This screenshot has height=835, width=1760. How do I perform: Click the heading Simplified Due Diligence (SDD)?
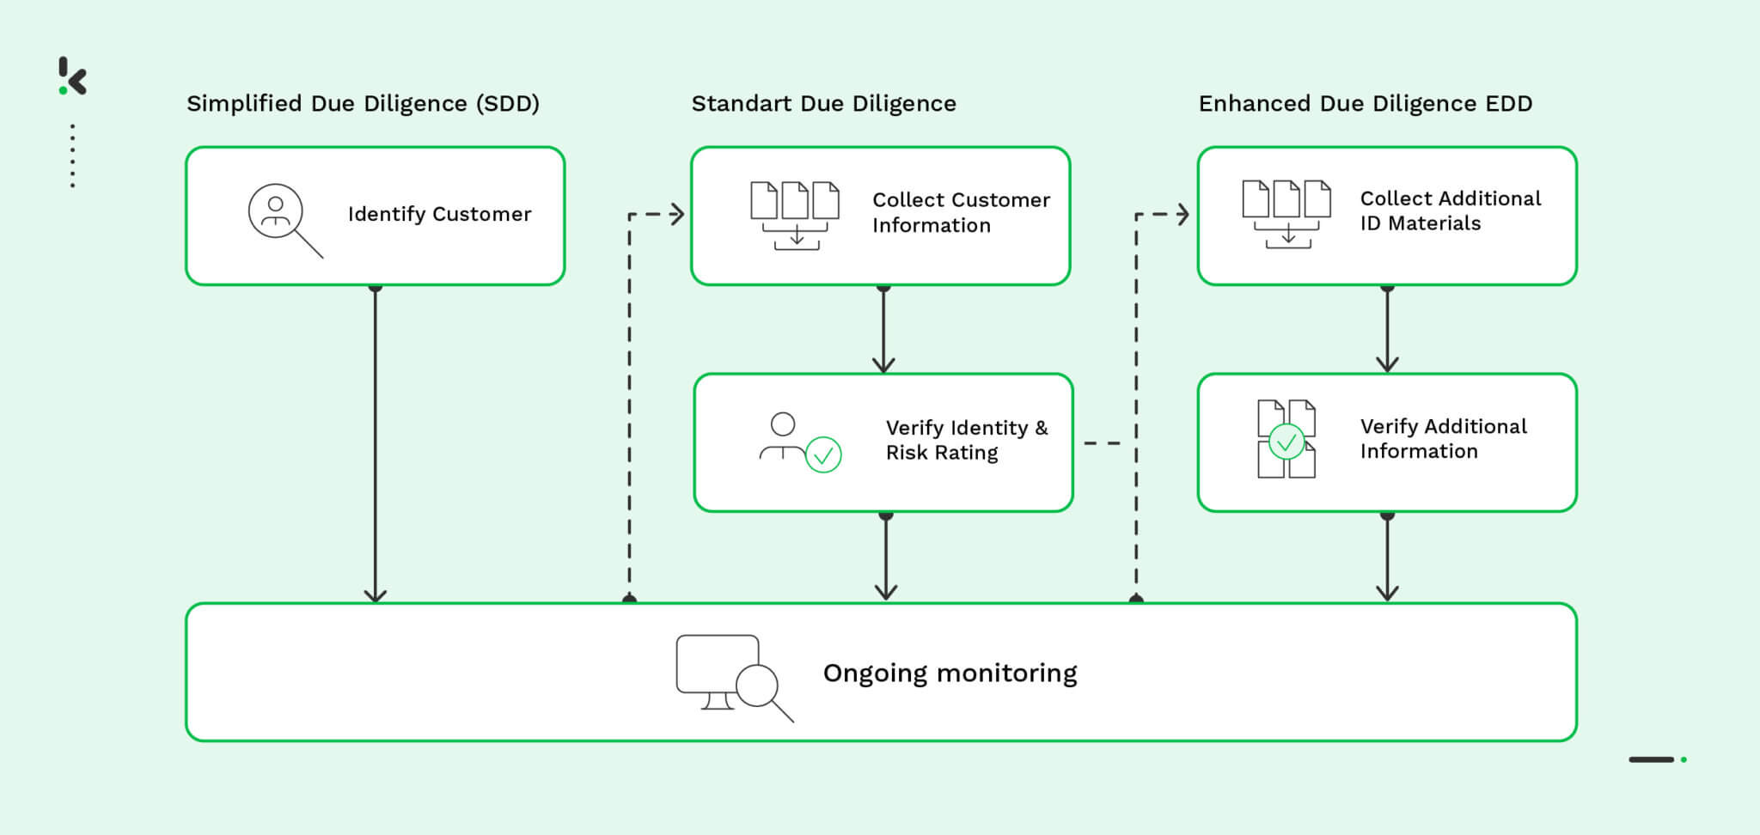point(363,104)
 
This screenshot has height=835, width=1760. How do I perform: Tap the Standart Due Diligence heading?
point(823,104)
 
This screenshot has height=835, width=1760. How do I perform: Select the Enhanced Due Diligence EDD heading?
point(1365,104)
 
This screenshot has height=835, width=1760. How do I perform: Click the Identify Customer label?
point(439,214)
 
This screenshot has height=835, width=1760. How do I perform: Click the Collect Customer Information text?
point(960,212)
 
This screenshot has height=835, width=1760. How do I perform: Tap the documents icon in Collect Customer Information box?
point(795,215)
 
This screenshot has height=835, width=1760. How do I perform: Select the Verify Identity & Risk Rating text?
point(966,440)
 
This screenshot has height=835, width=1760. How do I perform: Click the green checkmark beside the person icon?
point(822,455)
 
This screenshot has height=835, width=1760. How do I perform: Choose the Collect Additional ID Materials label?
point(1450,210)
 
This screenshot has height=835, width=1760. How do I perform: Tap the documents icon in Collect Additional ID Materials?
point(1286,214)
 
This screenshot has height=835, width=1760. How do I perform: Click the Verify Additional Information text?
point(1443,438)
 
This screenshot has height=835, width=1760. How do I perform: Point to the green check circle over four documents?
point(1286,442)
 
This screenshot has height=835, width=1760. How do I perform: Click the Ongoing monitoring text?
point(950,673)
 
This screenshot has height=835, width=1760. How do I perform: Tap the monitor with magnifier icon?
point(732,678)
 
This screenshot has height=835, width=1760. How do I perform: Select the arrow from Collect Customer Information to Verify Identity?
point(883,331)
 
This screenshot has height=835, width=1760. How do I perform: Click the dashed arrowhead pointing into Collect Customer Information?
point(676,214)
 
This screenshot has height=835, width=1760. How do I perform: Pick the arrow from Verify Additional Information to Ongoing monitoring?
point(1387,558)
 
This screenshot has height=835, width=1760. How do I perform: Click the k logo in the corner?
point(73,76)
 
